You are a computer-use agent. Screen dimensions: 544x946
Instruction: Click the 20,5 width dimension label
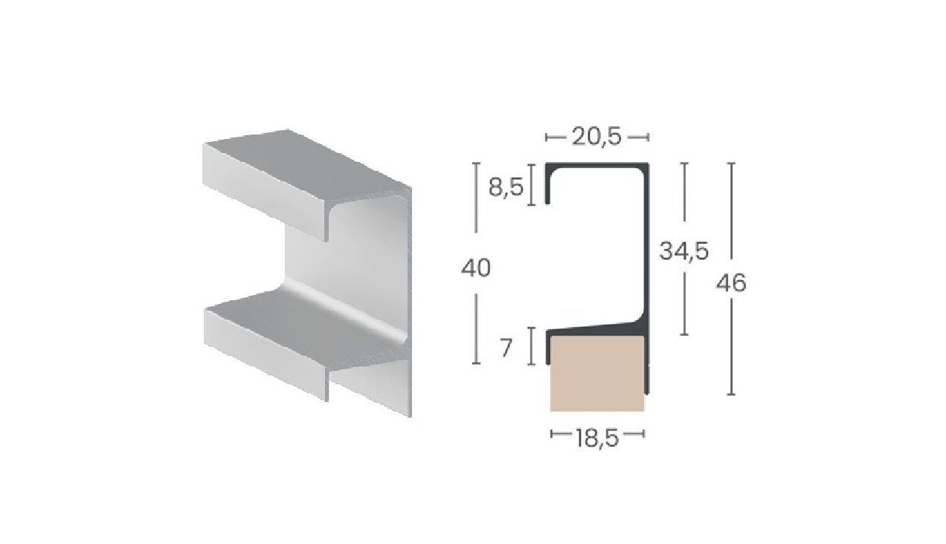tap(597, 137)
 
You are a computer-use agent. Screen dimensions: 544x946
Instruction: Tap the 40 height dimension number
tap(476, 268)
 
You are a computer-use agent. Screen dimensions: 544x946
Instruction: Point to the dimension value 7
tap(506, 348)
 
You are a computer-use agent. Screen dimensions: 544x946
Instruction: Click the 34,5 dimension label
tap(683, 253)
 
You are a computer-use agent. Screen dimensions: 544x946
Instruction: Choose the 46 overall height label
tap(733, 283)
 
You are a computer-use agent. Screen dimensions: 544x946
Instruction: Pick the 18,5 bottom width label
tap(597, 438)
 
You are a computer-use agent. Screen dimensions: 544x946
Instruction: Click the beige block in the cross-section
tap(596, 372)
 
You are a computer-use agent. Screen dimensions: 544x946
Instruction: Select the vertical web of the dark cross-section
tap(646, 245)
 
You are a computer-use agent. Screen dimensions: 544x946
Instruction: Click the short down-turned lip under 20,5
tap(549, 186)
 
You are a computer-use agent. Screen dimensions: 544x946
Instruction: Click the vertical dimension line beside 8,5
tap(532, 186)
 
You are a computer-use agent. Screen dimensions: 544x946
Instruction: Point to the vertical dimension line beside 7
tap(532, 347)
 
